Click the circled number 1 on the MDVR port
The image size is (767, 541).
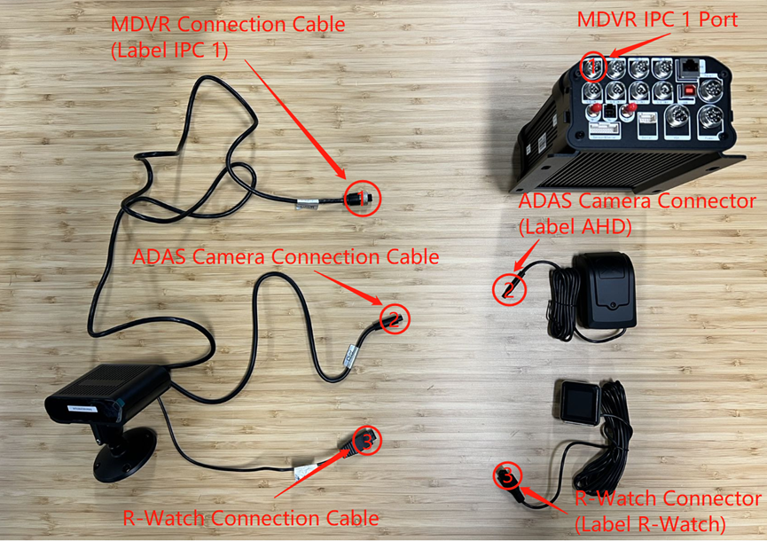[593, 67]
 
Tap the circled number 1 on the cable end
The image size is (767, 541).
[363, 198]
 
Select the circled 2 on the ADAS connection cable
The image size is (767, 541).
[395, 319]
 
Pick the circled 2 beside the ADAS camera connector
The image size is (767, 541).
[509, 290]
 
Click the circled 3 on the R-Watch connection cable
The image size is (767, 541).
[366, 441]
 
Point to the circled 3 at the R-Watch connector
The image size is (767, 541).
[508, 475]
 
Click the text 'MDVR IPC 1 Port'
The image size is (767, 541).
[657, 20]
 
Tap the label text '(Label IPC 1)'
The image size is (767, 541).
[169, 51]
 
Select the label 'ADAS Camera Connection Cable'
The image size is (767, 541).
[286, 257]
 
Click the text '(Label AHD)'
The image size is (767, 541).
[575, 226]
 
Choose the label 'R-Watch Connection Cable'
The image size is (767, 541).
[251, 519]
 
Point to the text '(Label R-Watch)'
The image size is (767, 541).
[650, 525]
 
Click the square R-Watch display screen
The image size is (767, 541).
[580, 403]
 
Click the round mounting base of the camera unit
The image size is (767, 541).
[125, 454]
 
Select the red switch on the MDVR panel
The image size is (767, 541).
[690, 90]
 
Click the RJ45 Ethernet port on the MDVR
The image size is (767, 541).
[691, 67]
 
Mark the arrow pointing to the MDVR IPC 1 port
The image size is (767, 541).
[640, 44]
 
